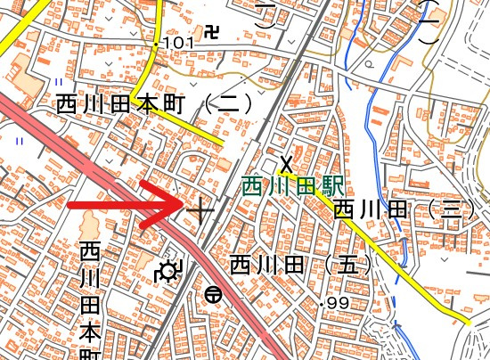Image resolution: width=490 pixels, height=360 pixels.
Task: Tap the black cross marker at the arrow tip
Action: point(200,211)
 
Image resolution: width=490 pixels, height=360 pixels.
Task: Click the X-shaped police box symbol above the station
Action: point(286,164)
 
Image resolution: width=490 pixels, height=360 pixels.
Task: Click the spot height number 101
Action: point(178,43)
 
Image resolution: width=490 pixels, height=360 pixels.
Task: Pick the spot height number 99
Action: point(339,304)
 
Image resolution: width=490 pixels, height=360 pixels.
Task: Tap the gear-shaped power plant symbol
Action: point(167,271)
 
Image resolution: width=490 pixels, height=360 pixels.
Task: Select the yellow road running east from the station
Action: point(392,258)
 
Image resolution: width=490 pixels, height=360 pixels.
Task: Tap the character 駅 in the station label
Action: point(332,187)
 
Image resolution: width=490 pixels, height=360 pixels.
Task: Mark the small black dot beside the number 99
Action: point(322,304)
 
